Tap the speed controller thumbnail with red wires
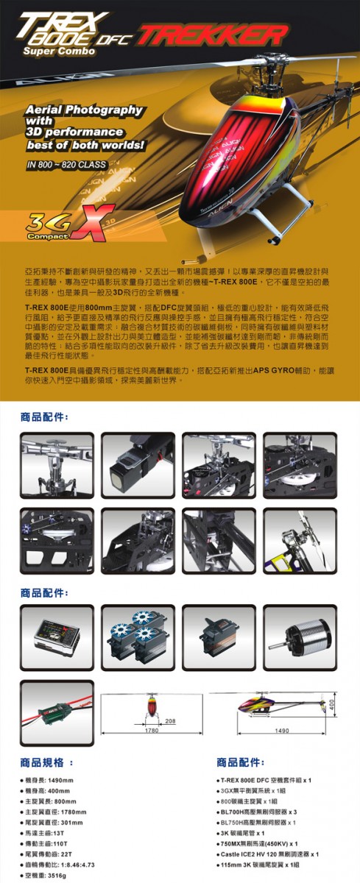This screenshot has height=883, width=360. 57,714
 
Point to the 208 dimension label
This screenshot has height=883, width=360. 170,720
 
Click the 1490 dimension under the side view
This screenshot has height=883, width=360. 281,731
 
